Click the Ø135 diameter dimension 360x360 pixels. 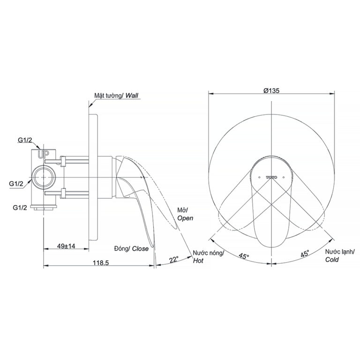coord(271,90)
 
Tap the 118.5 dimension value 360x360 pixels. coord(101,262)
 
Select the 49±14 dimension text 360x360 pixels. coord(66,246)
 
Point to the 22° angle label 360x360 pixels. coord(174,260)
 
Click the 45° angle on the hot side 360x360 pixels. coord(244,255)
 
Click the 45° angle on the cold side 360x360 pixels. coord(305,254)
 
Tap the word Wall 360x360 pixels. coord(132,96)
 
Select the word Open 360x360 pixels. coord(185,218)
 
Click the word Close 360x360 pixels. coord(140,248)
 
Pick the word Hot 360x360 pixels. coord(198,261)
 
